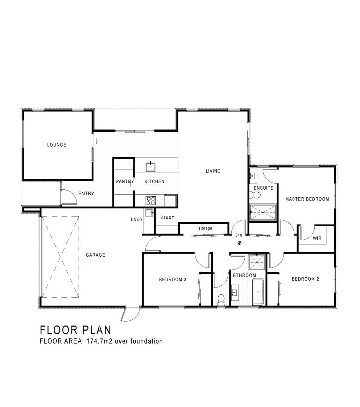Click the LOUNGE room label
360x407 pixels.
(x=57, y=145)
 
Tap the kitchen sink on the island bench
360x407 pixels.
(x=150, y=166)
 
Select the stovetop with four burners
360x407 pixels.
(x=151, y=200)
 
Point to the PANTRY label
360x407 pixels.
(x=125, y=181)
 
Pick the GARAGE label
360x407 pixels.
(x=95, y=255)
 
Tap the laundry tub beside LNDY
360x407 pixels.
(x=149, y=213)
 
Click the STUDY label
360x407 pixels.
(x=167, y=217)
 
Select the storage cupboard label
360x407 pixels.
(x=205, y=228)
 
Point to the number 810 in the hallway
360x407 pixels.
(x=239, y=235)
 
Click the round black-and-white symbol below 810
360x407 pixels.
(x=239, y=243)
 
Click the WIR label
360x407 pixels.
(x=317, y=238)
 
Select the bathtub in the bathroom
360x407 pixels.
(x=258, y=292)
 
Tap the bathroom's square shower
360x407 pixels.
(x=257, y=262)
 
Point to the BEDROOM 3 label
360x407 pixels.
(x=173, y=280)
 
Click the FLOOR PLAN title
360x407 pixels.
(x=76, y=330)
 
